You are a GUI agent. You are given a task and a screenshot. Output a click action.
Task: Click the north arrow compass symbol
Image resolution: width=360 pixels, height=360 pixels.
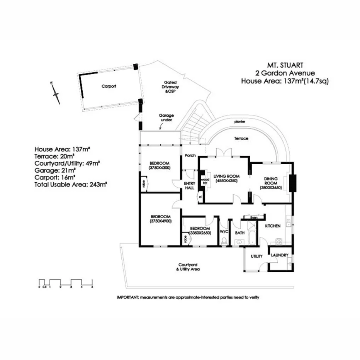tap(56, 93)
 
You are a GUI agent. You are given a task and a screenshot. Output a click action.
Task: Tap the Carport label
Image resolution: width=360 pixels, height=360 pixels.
tap(109, 87)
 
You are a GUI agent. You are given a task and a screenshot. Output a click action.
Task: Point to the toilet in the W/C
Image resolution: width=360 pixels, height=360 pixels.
tap(224, 241)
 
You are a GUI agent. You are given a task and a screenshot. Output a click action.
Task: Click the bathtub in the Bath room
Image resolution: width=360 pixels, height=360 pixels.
tap(251, 236)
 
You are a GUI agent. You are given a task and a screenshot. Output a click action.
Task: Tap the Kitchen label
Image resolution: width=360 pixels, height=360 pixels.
tap(272, 226)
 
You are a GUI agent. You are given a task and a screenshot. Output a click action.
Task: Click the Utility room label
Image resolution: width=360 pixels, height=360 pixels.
tap(256, 256)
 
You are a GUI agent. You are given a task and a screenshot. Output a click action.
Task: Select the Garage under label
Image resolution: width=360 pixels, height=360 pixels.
tap(166, 118)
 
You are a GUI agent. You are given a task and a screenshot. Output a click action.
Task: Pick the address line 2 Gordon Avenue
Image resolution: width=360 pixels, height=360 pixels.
tap(285, 73)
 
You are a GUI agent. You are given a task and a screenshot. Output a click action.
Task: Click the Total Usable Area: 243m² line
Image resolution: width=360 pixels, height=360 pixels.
tap(71, 184)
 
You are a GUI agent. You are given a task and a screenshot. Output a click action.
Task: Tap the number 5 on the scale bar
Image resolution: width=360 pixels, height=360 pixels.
tap(92, 287)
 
